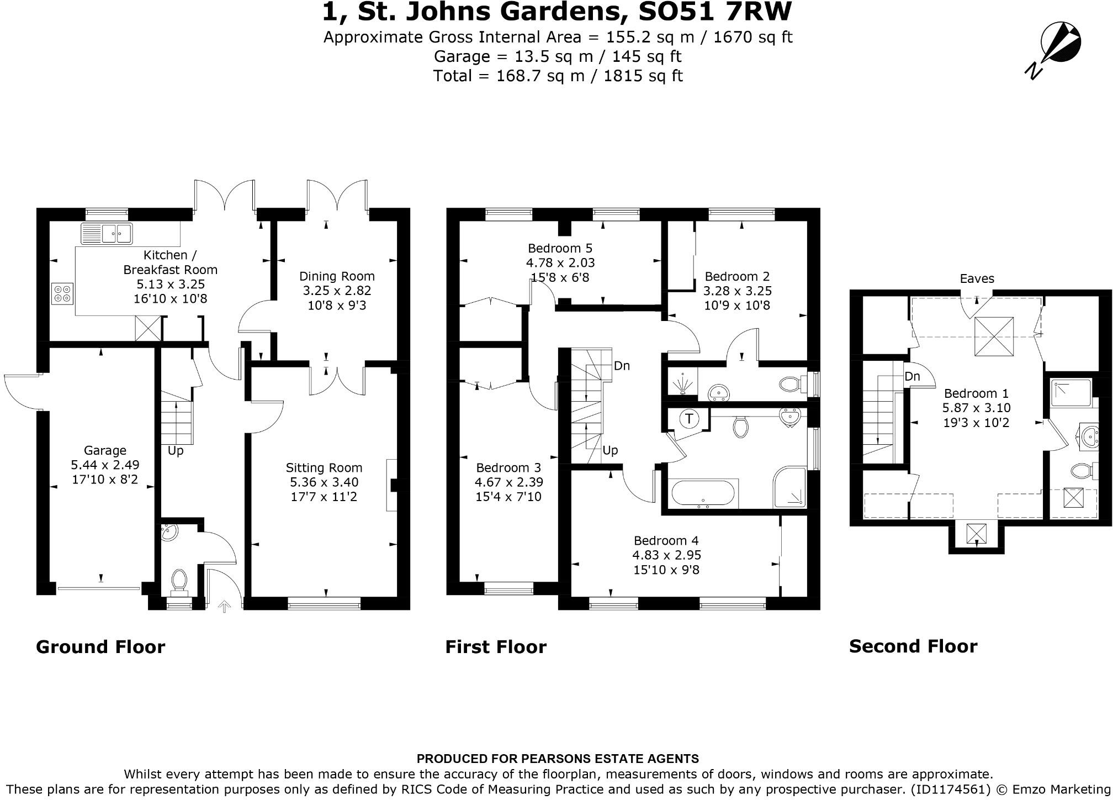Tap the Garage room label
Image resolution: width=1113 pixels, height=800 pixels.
(105, 450)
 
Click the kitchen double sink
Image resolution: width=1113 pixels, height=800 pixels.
(107, 233)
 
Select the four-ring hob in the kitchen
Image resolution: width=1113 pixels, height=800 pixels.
(62, 293)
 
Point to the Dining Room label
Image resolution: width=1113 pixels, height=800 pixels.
(337, 276)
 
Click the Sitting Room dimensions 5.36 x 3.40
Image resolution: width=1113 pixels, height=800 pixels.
(324, 482)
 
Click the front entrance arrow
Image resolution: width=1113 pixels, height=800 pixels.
(224, 607)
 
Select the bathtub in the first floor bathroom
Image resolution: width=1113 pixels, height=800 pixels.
(703, 493)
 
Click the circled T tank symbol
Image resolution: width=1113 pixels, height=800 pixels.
(689, 418)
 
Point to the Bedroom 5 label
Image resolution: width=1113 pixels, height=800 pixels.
(560, 248)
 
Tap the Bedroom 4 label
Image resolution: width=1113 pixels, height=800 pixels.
(666, 540)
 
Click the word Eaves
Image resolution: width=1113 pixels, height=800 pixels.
(977, 278)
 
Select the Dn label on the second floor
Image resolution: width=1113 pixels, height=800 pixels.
(912, 376)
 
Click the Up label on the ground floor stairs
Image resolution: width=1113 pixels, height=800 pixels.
(176, 450)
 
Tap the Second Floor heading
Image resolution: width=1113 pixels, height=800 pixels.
(913, 646)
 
